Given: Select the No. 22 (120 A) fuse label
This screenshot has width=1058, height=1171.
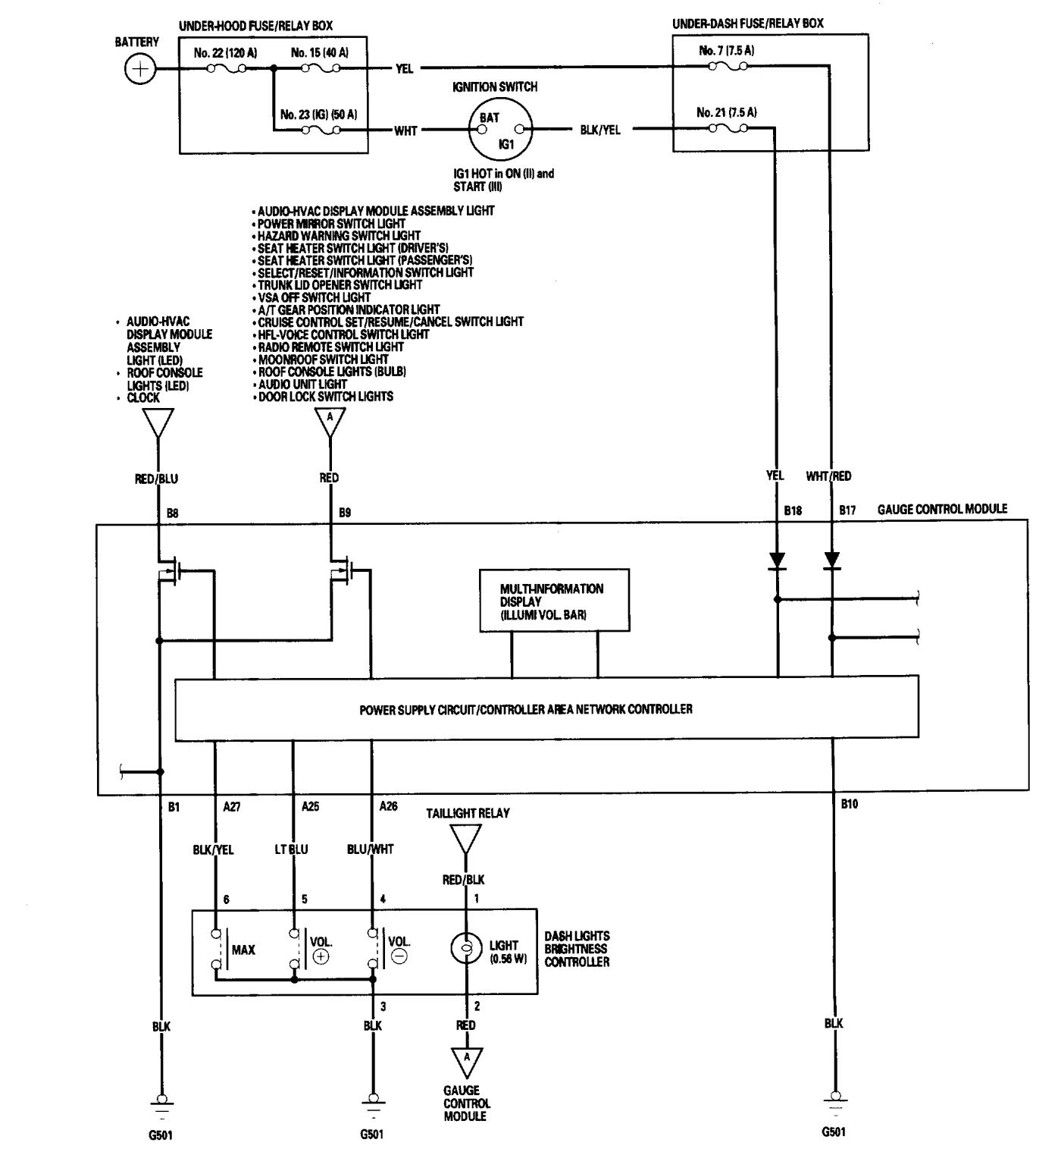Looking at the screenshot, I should click(224, 53).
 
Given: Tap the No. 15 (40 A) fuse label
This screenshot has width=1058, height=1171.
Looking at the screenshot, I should click(319, 53).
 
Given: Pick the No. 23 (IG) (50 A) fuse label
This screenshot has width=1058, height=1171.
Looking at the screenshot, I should click(318, 115).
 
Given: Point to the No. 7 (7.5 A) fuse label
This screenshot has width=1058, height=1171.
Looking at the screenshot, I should click(725, 51).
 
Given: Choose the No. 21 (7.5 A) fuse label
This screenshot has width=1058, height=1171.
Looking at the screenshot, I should click(726, 112).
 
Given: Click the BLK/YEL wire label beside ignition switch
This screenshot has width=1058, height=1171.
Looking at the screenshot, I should click(599, 130).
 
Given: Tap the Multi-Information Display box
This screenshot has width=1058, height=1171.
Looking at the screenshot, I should click(554, 601).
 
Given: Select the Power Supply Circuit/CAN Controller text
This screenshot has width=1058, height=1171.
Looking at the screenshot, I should click(525, 710).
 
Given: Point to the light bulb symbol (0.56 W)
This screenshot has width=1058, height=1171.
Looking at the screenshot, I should click(465, 949).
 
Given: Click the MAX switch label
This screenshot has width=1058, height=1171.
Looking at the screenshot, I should click(243, 950).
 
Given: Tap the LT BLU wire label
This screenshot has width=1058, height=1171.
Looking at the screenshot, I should click(292, 849).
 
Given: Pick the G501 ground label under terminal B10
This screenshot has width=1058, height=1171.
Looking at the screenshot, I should click(834, 1132).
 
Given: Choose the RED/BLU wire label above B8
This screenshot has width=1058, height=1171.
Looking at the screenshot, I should click(156, 479).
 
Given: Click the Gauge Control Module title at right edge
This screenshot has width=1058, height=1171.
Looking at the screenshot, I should click(942, 508).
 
